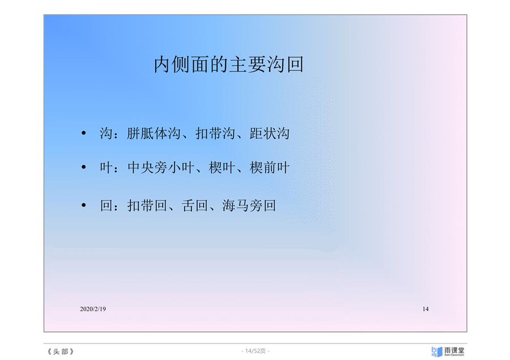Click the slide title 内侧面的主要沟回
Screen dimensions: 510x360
[x=229, y=64]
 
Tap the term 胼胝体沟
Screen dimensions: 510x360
[x=154, y=133]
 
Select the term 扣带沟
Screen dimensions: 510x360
[x=215, y=133]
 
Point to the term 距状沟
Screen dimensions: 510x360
[x=269, y=133]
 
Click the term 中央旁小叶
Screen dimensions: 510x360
[x=161, y=168]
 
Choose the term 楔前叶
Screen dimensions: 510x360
[x=269, y=168]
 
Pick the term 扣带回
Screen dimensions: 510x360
[x=147, y=205]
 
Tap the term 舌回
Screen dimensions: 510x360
[x=194, y=205]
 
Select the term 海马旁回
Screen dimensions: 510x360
[x=249, y=205]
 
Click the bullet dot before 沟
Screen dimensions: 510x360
[x=84, y=133]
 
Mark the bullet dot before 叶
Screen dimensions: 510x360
[x=84, y=167]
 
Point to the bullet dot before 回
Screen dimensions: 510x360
[x=84, y=205]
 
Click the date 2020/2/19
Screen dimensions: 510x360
[x=93, y=309]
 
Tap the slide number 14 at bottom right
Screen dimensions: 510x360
[x=426, y=309]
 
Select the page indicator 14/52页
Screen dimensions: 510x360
[x=256, y=351]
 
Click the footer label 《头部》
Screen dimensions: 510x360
[x=61, y=351]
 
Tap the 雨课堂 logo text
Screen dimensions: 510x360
[x=454, y=350]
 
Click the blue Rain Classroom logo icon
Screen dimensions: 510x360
[x=437, y=352]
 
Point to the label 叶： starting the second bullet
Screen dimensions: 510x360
[x=109, y=168]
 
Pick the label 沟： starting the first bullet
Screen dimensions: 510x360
[x=109, y=133]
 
